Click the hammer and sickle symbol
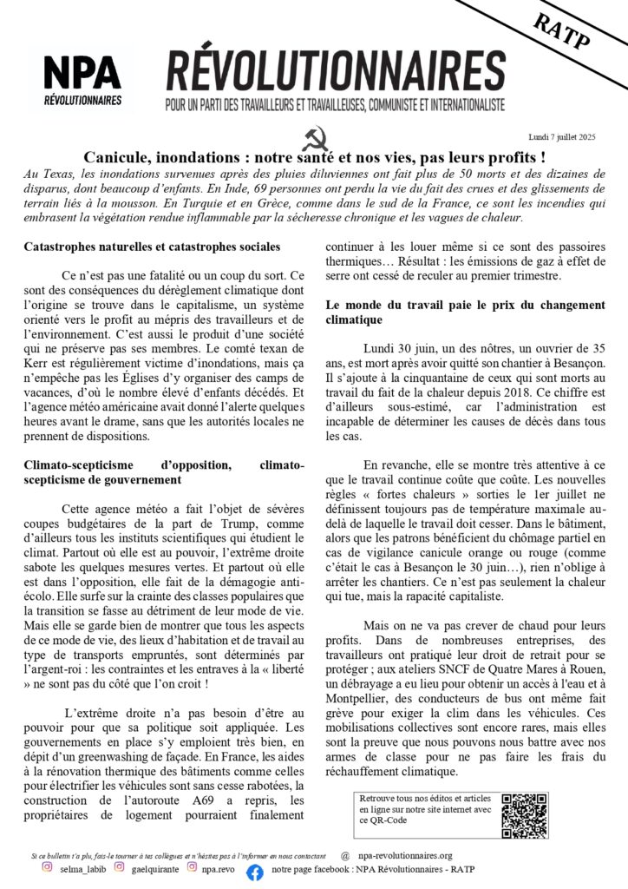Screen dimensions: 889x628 313,140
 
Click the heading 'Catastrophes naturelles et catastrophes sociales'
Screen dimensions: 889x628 151,247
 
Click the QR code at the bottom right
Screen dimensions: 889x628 524,814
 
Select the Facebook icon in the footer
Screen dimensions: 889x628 255,873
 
